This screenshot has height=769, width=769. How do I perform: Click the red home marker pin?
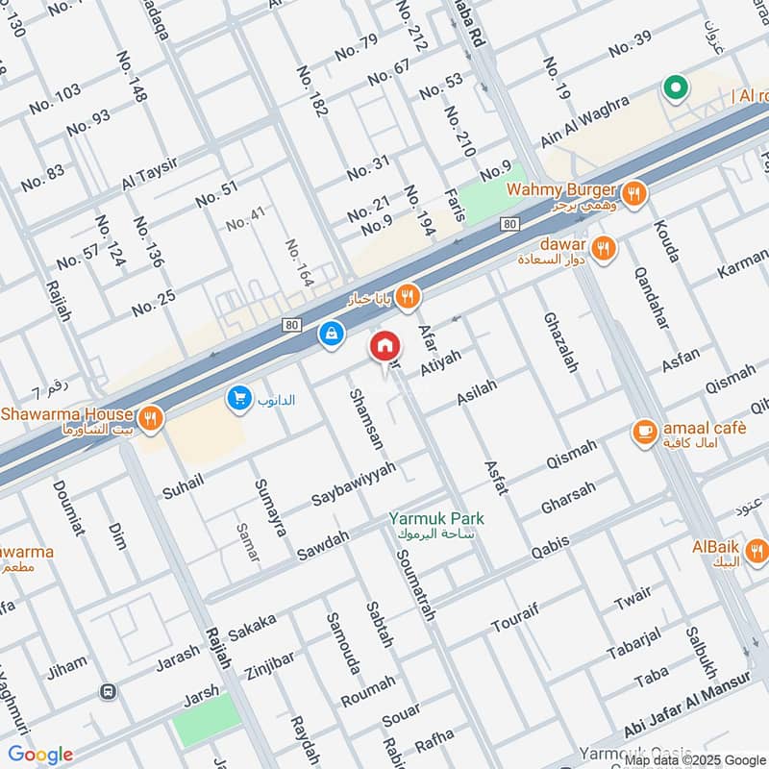pos(384,346)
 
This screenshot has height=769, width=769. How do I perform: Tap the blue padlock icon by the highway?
pos(330,335)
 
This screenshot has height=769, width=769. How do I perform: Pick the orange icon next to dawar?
pos(603,249)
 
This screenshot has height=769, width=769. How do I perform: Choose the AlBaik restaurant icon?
pos(757,552)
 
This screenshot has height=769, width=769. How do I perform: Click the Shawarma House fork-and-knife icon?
pos(150,418)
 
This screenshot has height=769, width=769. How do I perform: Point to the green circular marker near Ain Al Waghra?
pos(676,89)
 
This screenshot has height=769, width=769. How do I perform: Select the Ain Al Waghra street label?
pos(584,121)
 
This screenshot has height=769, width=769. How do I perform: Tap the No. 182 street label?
pos(313,92)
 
